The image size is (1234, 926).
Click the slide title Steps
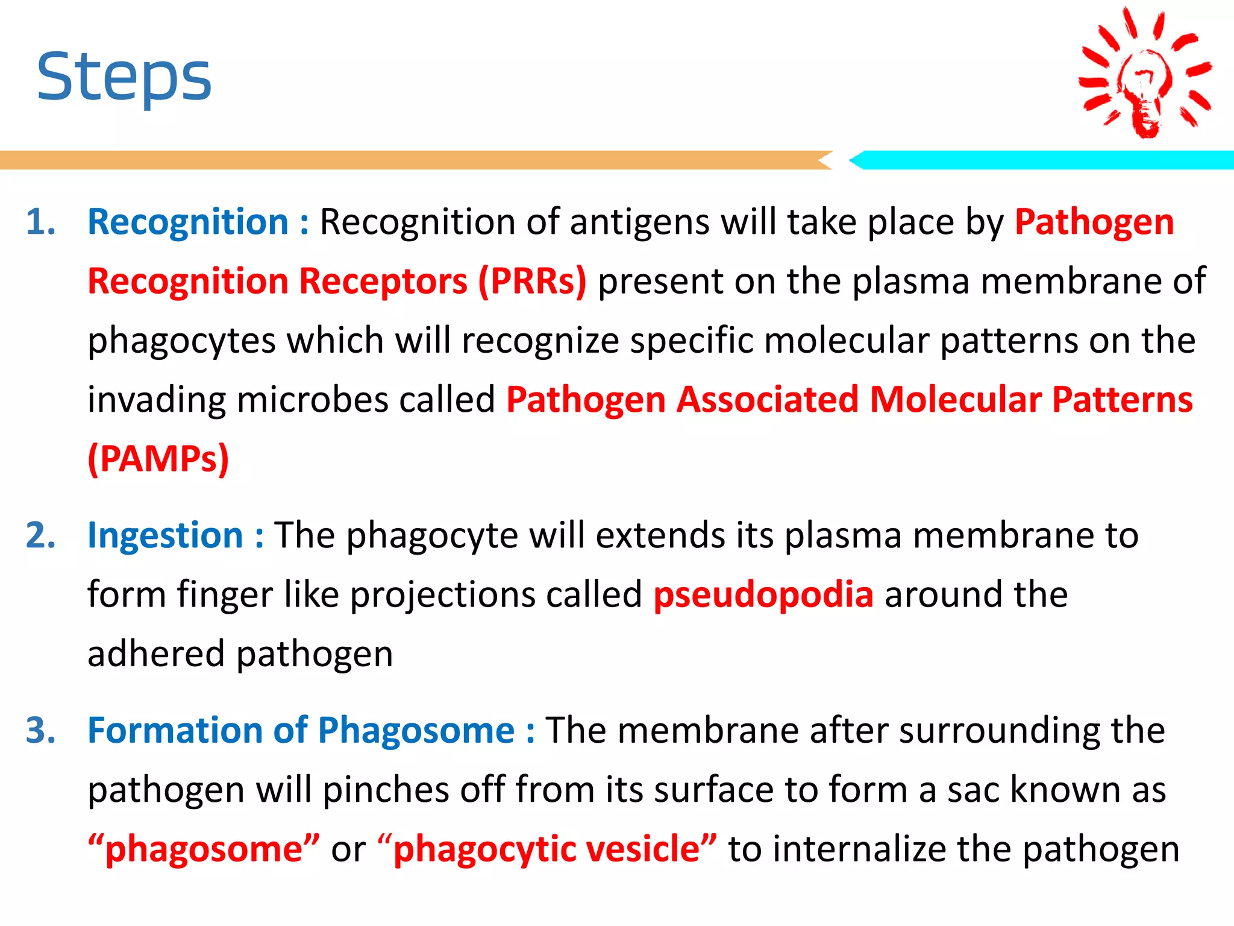point(124,77)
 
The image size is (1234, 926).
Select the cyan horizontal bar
point(1042,160)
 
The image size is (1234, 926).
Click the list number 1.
point(40,222)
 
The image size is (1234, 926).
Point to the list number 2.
point(40,535)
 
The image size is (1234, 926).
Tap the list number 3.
point(40,731)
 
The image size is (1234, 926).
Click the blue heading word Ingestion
point(165,535)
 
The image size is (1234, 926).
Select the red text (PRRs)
point(532,281)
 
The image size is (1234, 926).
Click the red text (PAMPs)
point(158,459)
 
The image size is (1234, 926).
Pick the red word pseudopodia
point(763,594)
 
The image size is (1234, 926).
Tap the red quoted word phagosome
point(204,849)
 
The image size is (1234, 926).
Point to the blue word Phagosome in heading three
point(416,731)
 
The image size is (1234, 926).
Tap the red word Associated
point(767,400)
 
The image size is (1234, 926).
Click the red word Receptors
point(383,281)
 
